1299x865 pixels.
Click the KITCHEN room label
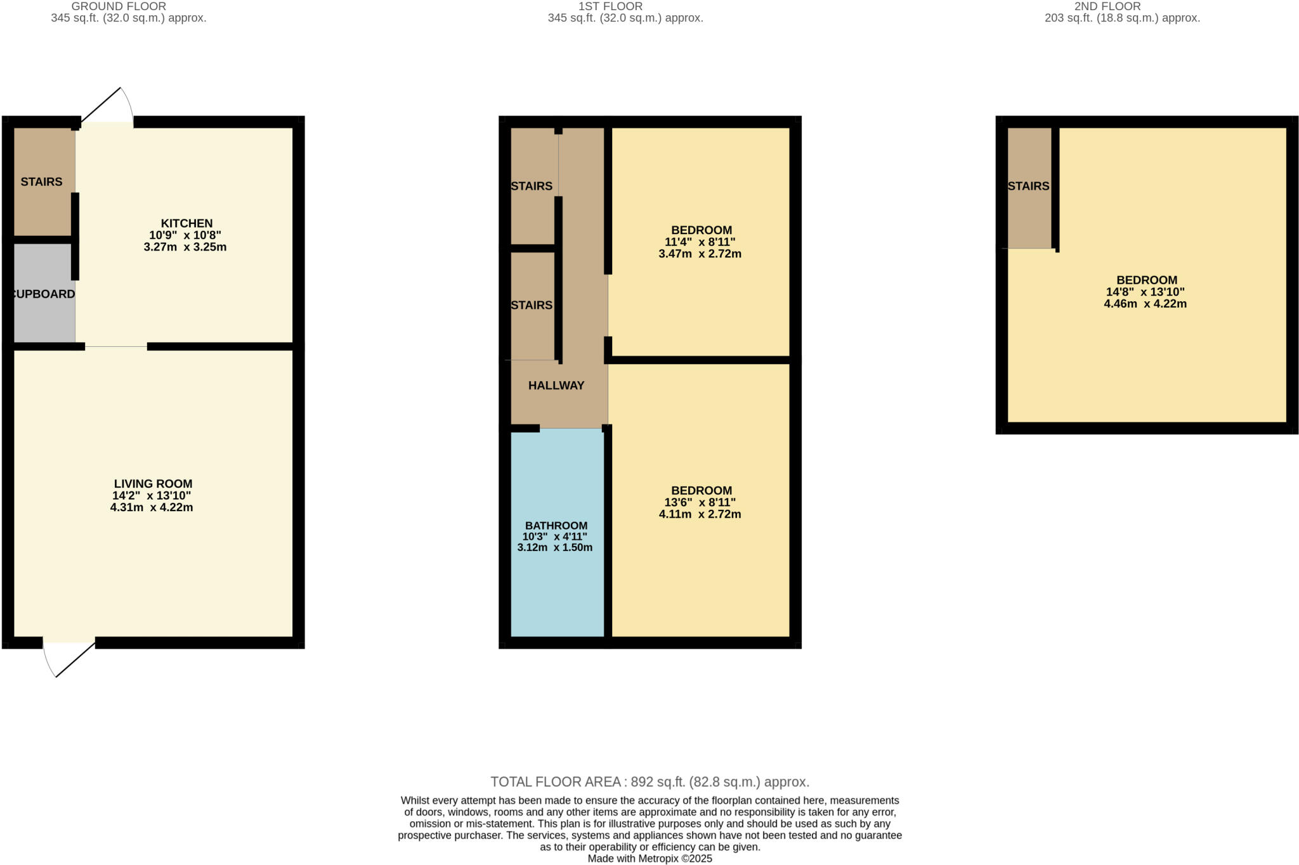click(x=186, y=223)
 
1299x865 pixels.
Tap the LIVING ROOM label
click(x=153, y=484)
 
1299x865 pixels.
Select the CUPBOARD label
click(x=43, y=294)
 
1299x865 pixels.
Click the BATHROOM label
click(x=556, y=526)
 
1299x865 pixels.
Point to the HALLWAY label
click(x=556, y=386)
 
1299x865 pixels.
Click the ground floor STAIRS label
click(x=41, y=182)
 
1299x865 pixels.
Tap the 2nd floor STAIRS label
click(x=1028, y=186)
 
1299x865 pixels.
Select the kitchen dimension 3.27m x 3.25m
click(x=185, y=247)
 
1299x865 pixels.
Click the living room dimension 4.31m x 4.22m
click(x=152, y=507)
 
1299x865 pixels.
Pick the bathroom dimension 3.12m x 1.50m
click(x=555, y=547)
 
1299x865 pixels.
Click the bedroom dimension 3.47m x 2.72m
click(x=700, y=254)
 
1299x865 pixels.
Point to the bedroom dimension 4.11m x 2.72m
click(x=700, y=514)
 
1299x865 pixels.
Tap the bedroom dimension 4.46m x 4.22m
click(x=1146, y=304)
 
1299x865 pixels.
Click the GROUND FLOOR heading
click(x=119, y=6)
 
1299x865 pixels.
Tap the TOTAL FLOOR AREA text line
click(x=650, y=782)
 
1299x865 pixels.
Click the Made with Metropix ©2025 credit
click(x=650, y=859)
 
